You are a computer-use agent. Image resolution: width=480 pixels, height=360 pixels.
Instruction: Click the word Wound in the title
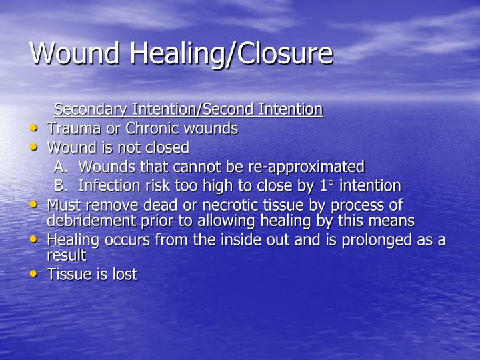click(74, 53)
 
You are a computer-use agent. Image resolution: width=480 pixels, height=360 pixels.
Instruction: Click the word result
click(66, 255)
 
